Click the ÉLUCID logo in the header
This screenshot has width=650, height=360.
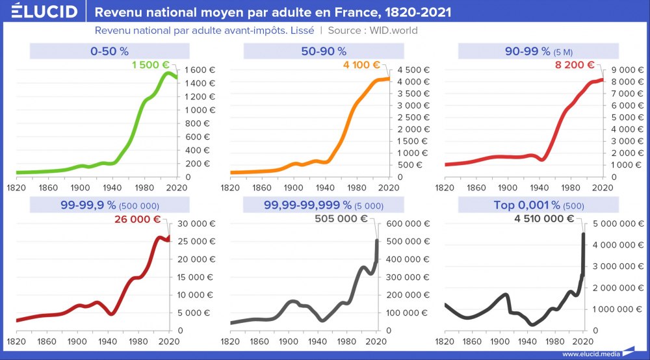coord(40,12)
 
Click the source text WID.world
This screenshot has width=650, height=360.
coord(393,31)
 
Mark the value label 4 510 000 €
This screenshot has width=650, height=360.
coord(543,219)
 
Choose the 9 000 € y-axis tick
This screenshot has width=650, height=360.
coord(625,70)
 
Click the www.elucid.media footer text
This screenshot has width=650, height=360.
coord(591,354)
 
